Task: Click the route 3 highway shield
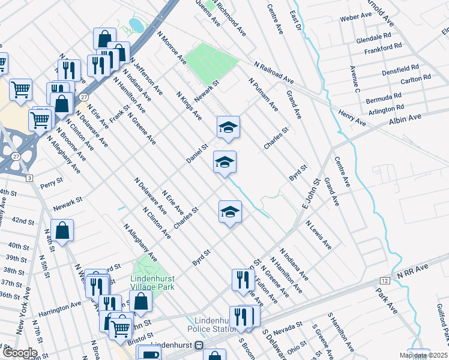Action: pyautogui.click(x=28, y=178)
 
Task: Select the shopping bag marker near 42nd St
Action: pyautogui.click(x=62, y=230)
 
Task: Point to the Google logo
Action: pyautogui.click(x=20, y=353)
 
